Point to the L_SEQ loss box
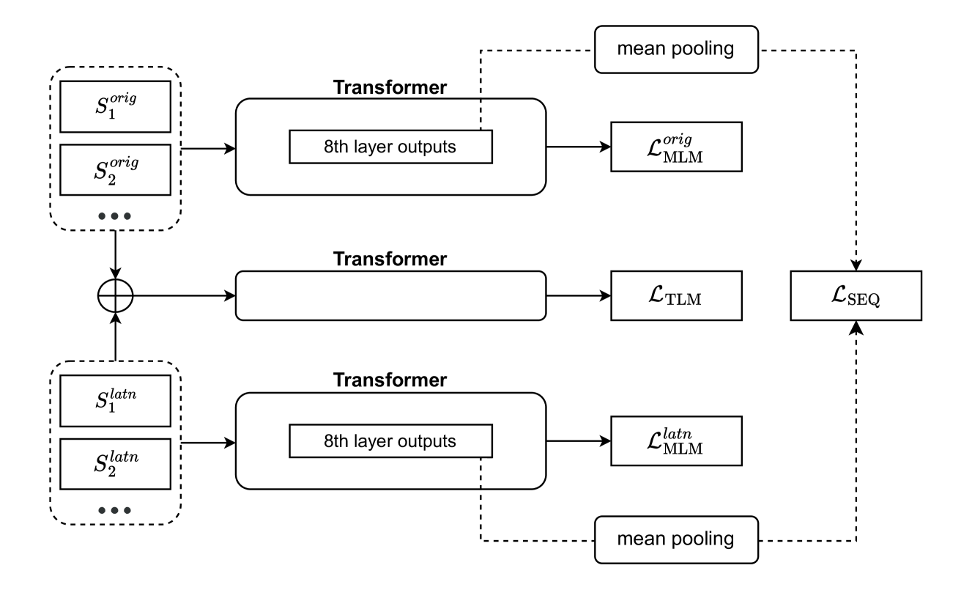[855, 296]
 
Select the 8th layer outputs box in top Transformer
[391, 147]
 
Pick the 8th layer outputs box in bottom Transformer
[391, 442]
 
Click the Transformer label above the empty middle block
[390, 259]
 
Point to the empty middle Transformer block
[390, 296]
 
